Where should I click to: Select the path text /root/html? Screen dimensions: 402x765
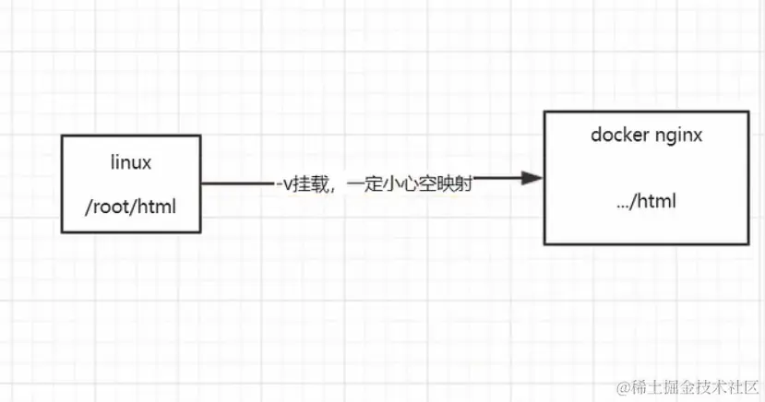[x=129, y=207]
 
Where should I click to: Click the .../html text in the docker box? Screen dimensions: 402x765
[x=647, y=200]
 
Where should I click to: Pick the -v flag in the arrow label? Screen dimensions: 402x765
[x=282, y=184]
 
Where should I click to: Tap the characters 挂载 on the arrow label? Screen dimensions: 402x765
[x=308, y=184]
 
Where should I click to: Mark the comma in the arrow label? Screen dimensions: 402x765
[x=332, y=188]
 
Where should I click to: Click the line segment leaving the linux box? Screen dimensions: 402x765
[x=235, y=183]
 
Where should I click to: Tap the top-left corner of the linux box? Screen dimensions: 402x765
[x=63, y=136]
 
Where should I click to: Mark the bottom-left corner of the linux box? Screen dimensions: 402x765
[x=63, y=231]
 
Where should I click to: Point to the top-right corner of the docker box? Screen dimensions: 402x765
[x=748, y=112]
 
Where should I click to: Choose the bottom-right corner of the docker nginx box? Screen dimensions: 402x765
[x=748, y=243]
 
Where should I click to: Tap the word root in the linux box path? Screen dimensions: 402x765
[x=110, y=207]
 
